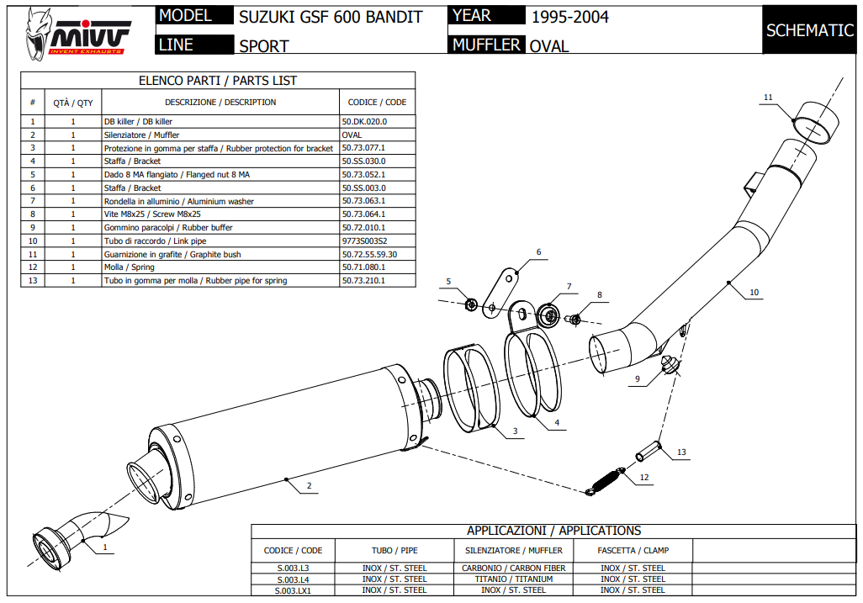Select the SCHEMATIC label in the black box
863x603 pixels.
click(x=809, y=30)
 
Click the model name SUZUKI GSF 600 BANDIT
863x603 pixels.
click(x=331, y=17)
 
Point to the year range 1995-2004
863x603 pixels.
click(x=569, y=17)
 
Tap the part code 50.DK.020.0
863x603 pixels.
click(x=364, y=122)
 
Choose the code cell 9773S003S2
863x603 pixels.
click(x=364, y=241)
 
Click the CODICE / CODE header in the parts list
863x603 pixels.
click(x=377, y=103)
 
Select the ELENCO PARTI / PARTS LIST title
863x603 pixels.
click(x=218, y=81)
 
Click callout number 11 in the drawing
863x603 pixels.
click(x=767, y=98)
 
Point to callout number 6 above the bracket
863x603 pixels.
click(x=538, y=252)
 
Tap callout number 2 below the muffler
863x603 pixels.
click(x=309, y=486)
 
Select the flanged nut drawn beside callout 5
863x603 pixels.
click(x=472, y=303)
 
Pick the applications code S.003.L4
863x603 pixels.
click(x=293, y=579)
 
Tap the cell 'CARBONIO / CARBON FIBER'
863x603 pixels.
click(x=513, y=569)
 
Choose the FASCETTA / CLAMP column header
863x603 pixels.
click(x=633, y=550)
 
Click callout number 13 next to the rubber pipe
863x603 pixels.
click(x=681, y=452)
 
